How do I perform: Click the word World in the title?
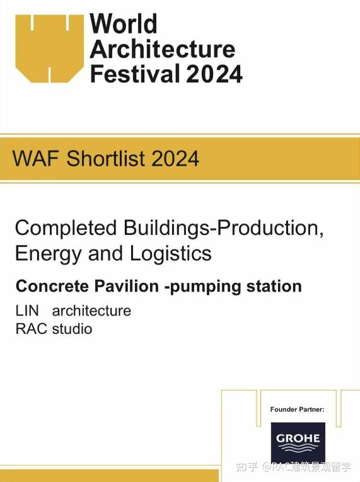(124, 25)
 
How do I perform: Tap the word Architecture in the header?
(163, 49)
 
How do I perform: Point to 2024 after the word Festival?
(214, 73)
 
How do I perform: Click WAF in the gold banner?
(37, 158)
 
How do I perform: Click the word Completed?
(66, 227)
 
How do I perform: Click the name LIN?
(26, 311)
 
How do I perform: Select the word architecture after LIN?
(91, 311)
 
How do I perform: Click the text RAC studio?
(54, 329)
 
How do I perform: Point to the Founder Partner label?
(297, 410)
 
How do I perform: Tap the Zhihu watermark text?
(293, 468)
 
